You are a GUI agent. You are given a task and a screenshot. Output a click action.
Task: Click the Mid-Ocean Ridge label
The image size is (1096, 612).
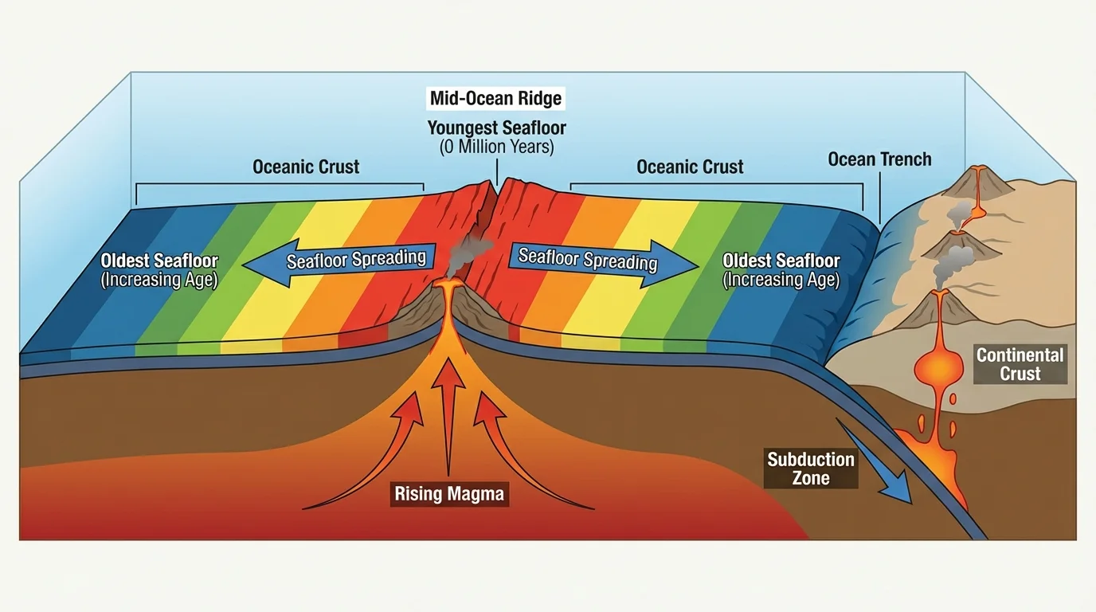pyautogui.click(x=495, y=99)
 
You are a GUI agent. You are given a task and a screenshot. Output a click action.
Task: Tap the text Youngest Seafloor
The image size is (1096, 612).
pyautogui.click(x=496, y=127)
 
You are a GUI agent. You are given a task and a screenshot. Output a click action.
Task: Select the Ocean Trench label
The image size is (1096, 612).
pyautogui.click(x=879, y=159)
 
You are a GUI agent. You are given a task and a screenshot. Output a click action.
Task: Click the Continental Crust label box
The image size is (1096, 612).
pyautogui.click(x=1020, y=364)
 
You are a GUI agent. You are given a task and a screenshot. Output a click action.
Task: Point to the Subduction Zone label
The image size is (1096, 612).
pyautogui.click(x=811, y=469)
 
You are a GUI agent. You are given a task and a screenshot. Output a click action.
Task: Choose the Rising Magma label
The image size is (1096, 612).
pyautogui.click(x=449, y=494)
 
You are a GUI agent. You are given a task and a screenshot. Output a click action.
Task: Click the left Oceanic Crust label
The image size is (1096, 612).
pyautogui.click(x=306, y=167)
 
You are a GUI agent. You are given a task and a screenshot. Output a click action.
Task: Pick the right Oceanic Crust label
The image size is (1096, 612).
pyautogui.click(x=690, y=167)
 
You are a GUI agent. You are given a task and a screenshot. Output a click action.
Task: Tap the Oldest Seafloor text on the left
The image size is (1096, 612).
pyautogui.click(x=159, y=261)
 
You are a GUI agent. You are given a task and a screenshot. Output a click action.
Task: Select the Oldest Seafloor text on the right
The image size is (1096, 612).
pyautogui.click(x=781, y=261)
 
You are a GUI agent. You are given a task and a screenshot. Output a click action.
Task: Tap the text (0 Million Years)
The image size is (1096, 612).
pyautogui.click(x=496, y=147)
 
